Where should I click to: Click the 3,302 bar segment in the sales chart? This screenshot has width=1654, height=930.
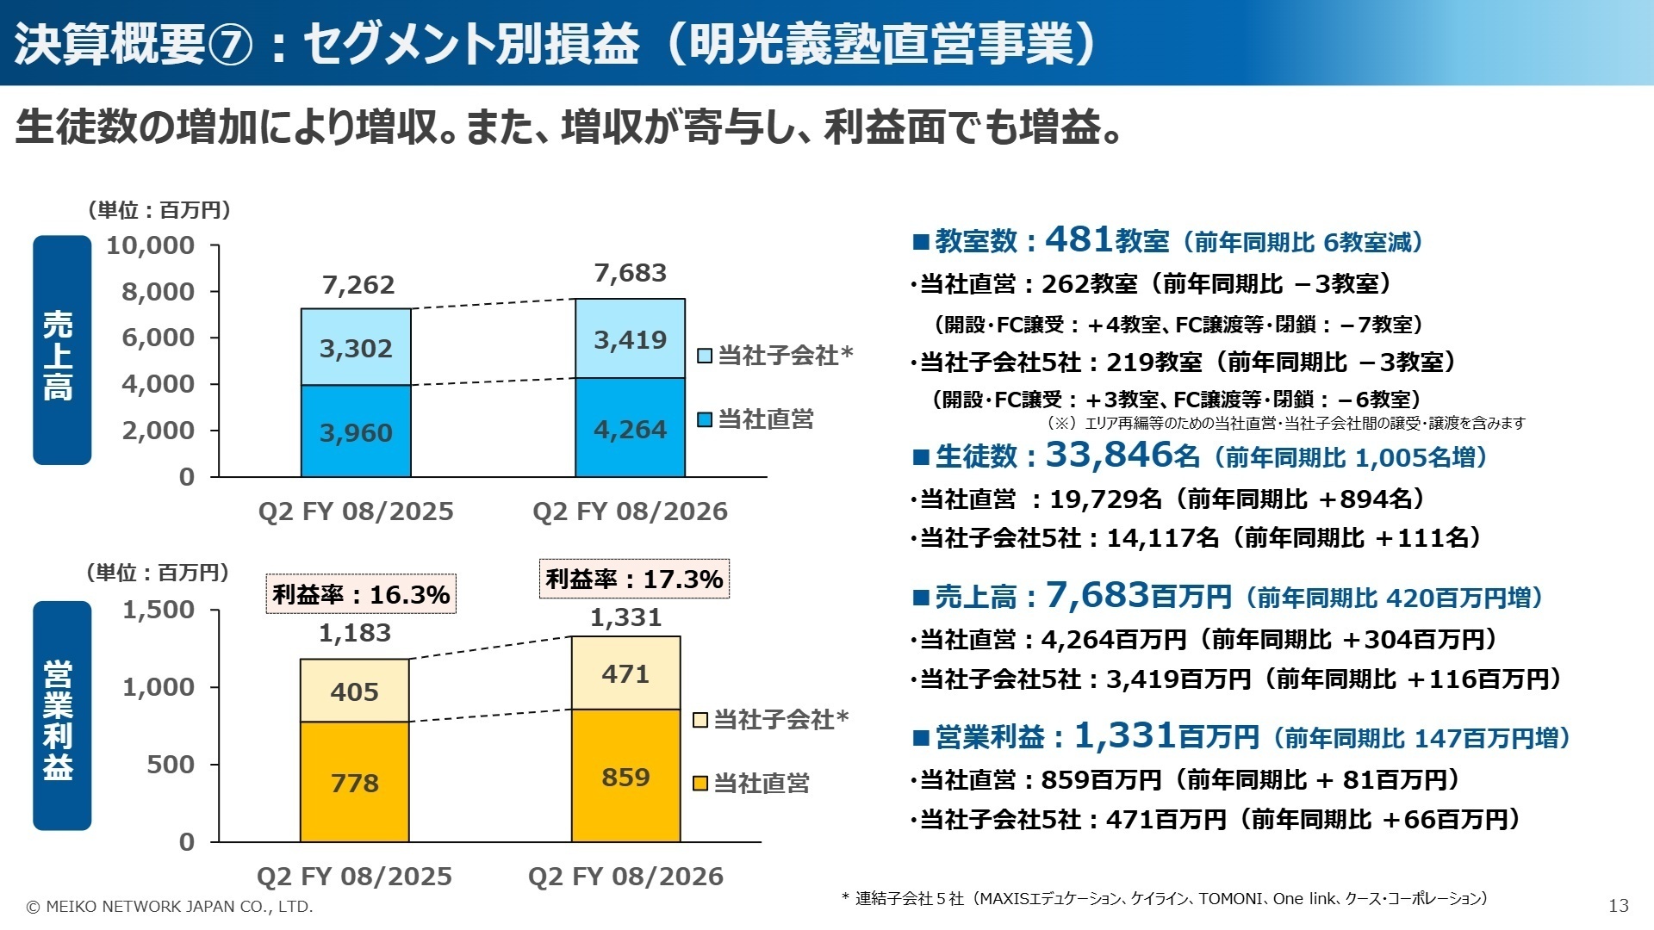[x=356, y=348]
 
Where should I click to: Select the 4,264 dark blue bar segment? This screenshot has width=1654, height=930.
[x=630, y=429]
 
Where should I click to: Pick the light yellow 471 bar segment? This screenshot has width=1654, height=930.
[x=626, y=673]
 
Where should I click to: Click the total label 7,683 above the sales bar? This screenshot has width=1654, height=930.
[x=630, y=273]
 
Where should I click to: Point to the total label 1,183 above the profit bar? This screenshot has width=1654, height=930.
[x=355, y=633]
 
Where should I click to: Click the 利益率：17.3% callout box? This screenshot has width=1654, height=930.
[x=634, y=579]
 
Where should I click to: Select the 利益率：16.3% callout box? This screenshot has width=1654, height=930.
[x=361, y=594]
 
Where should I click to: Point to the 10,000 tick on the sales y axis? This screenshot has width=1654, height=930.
[x=151, y=245]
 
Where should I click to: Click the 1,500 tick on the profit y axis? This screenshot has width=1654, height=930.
[x=159, y=610]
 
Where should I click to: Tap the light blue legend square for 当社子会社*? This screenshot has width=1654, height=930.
[x=705, y=356]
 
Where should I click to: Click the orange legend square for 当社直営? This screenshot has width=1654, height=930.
[x=700, y=784]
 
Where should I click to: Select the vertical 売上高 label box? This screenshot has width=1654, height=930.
[x=61, y=350]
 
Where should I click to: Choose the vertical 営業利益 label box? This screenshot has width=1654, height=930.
[x=61, y=716]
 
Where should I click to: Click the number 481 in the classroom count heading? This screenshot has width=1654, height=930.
[x=1079, y=239]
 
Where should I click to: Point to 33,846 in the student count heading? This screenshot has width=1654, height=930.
[x=1110, y=455]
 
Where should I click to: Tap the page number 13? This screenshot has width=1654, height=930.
[x=1618, y=906]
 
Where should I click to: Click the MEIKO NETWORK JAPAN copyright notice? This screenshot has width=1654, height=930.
[x=170, y=907]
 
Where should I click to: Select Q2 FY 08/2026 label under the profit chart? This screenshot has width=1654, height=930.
[x=625, y=877]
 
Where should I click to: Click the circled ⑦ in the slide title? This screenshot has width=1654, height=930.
[x=230, y=45]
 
